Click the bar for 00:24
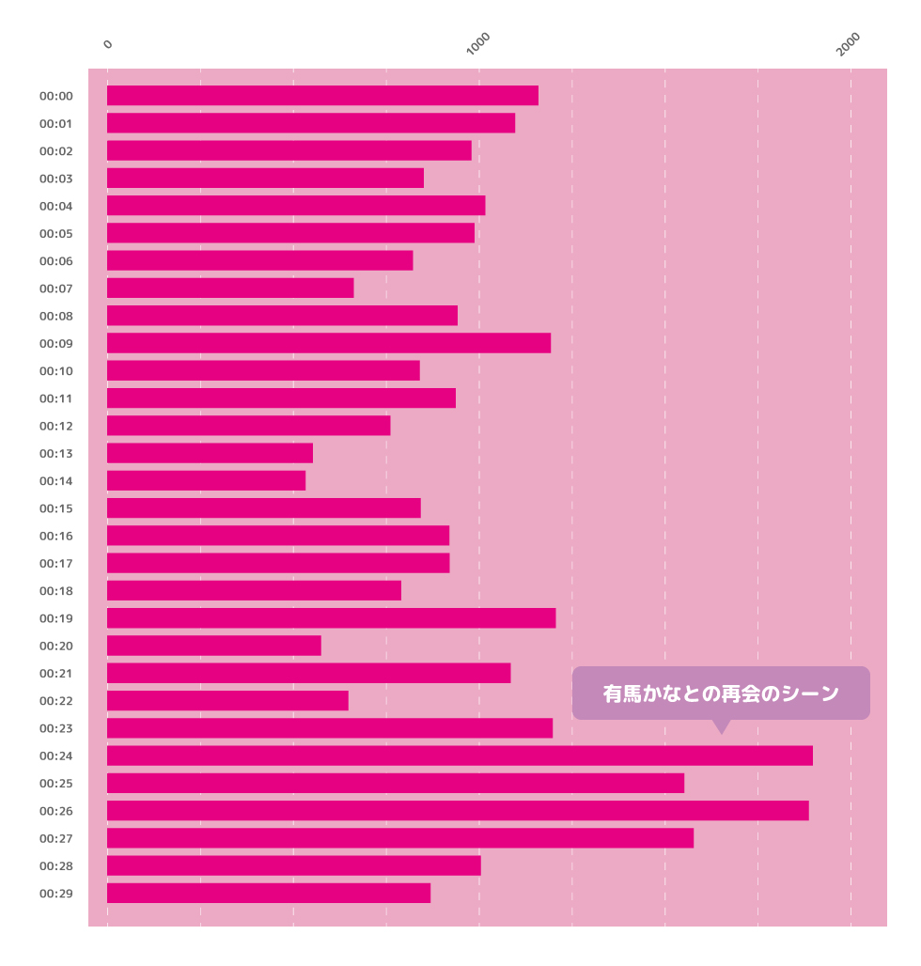coord(460,756)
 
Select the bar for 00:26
coord(458,811)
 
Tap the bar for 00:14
coord(207,480)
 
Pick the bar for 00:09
coord(329,343)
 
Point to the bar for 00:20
coord(214,646)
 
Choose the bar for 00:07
coord(230,288)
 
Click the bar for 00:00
coord(322,96)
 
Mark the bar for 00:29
coord(269,894)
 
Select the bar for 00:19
coord(332,618)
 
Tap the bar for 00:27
coord(400,838)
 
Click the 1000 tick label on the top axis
coord(477,44)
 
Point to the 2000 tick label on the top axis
coord(848,44)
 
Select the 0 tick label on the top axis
coord(108,44)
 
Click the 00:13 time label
coord(56,454)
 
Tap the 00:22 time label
coord(56,701)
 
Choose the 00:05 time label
coord(56,233)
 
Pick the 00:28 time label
coord(56,866)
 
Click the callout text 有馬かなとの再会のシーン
coord(721,693)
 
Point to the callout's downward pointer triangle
coord(722,727)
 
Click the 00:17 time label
coord(56,564)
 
